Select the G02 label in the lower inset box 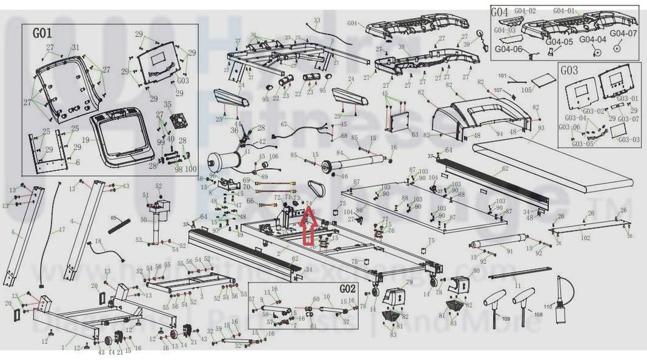(x=348, y=289)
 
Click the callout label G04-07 (x=623, y=33)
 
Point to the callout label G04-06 (x=509, y=50)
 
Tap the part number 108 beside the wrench (x=537, y=315)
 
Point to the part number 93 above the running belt (x=540, y=128)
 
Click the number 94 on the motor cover (x=499, y=134)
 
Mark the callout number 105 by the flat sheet (x=526, y=89)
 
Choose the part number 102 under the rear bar (x=585, y=238)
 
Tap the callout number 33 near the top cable (x=317, y=21)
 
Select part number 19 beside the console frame (x=85, y=139)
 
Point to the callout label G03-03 (x=629, y=139)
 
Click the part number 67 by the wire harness (x=283, y=124)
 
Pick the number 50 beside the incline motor (x=143, y=219)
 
